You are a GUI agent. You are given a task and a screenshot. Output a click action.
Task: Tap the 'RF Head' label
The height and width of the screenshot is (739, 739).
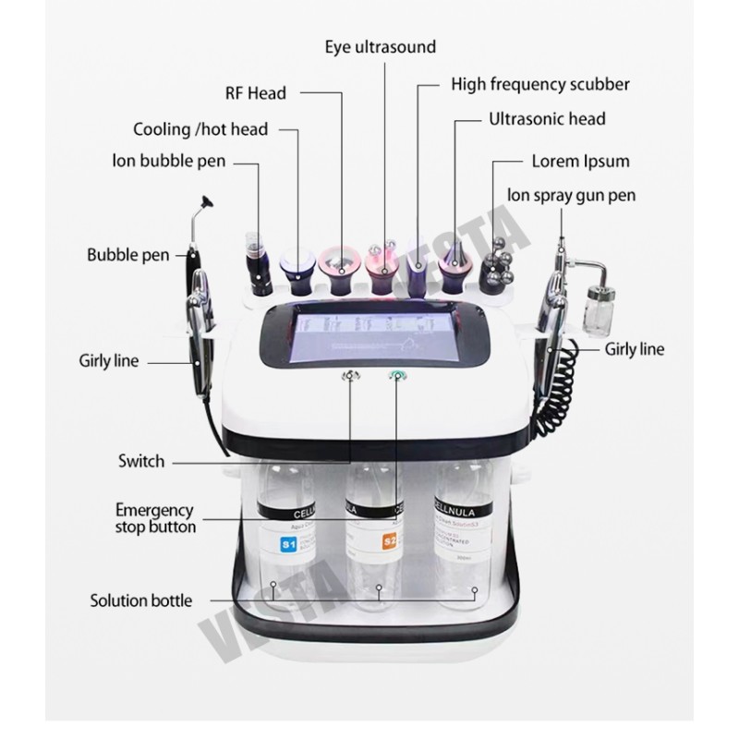coord(256,92)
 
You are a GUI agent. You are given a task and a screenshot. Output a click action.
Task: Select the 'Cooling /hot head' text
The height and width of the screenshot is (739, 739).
coord(200,129)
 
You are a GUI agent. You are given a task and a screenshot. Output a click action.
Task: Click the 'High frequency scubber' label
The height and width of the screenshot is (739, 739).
coord(540,85)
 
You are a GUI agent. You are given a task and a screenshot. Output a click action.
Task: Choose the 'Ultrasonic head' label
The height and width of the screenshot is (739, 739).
coord(547,119)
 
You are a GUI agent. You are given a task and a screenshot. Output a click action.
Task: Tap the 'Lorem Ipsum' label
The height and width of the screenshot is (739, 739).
coord(580,161)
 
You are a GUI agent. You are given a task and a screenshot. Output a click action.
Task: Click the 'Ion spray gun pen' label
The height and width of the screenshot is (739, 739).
coord(571,195)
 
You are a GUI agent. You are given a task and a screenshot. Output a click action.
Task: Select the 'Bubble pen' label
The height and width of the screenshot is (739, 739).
coord(127,255)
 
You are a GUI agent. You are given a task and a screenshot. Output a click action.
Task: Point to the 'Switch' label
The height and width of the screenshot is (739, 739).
coord(141,461)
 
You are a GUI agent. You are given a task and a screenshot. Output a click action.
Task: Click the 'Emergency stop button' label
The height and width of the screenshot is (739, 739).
coord(155,518)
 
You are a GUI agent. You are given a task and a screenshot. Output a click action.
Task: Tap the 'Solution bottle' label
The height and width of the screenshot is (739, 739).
coord(141,600)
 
